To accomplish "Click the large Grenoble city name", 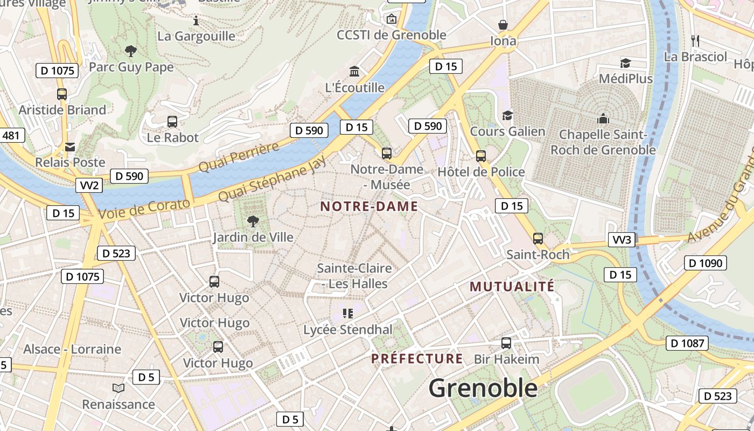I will (483, 388).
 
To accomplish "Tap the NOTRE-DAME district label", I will (369, 206).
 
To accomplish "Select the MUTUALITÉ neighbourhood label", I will (512, 287).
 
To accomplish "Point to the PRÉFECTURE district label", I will (417, 359).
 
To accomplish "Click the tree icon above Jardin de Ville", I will (253, 221).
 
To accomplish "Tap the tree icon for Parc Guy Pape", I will (130, 51).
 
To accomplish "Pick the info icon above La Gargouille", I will (196, 21).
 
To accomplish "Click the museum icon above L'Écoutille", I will (354, 71).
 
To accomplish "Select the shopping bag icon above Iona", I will (503, 25).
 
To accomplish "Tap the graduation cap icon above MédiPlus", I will (625, 63).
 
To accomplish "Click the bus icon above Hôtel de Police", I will (481, 156).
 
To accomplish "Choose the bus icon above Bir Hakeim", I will (506, 343).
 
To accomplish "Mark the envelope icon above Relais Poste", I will (70, 147).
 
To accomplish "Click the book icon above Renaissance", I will (118, 388).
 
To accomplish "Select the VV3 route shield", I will (622, 240).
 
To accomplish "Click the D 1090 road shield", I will (704, 263).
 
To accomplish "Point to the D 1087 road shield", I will (687, 343).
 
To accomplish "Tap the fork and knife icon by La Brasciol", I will (695, 40).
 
